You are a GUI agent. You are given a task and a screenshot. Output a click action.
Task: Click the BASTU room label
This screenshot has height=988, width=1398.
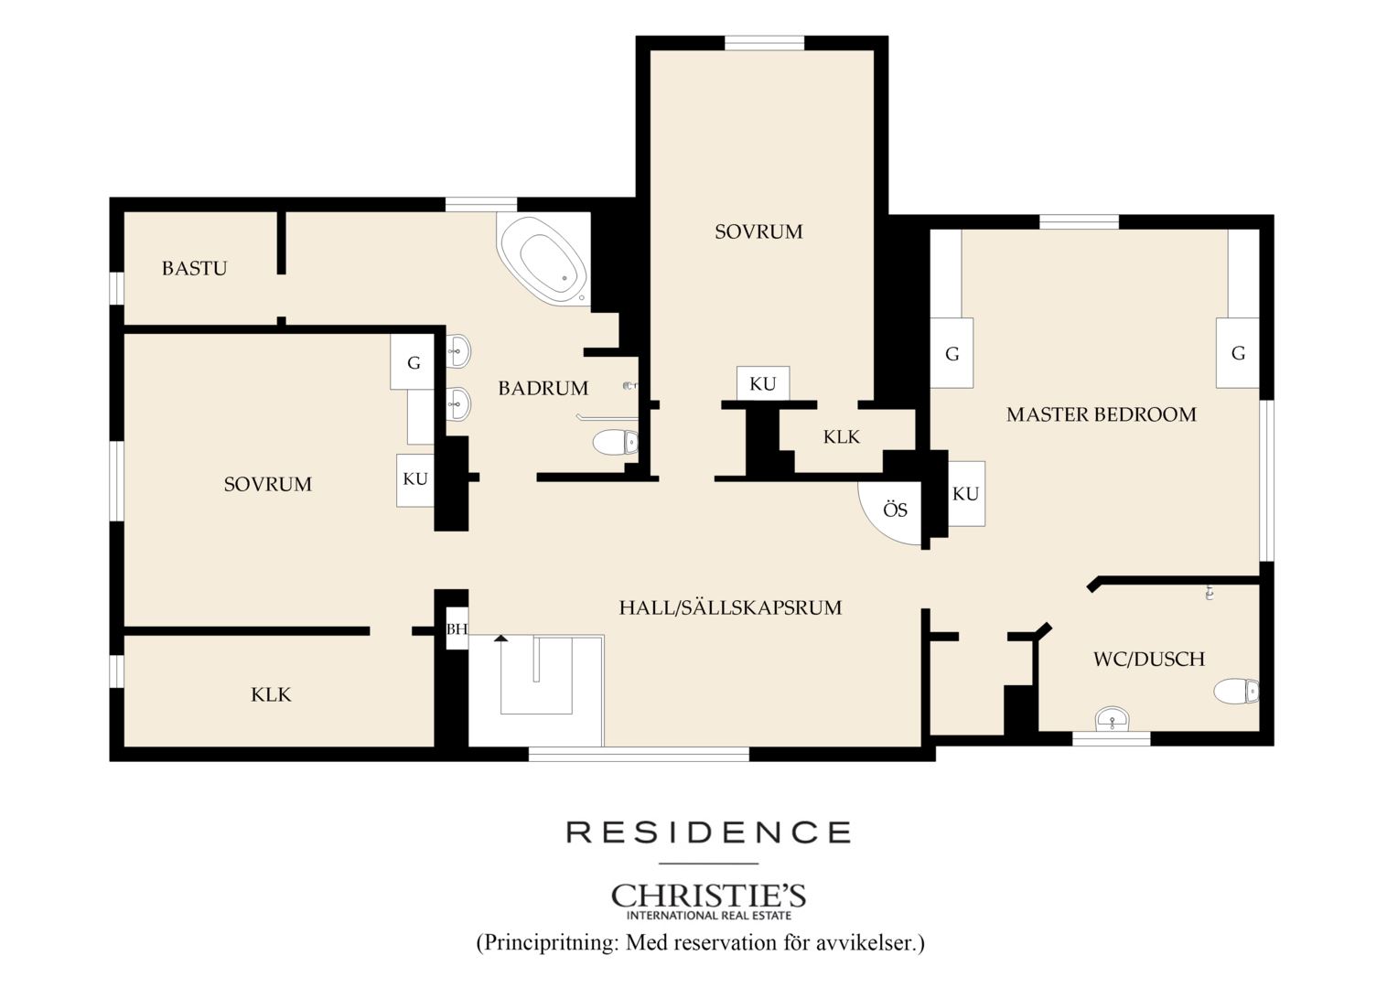pos(194,268)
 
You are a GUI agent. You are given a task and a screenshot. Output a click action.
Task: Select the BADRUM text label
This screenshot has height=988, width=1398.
pos(543,388)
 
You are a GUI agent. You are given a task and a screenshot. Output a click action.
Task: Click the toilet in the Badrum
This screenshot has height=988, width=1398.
pos(616,442)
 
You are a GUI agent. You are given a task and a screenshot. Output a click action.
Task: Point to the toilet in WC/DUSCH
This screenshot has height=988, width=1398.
pos(1236,692)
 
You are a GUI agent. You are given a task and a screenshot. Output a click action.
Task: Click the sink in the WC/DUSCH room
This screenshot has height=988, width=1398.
pos(1113,719)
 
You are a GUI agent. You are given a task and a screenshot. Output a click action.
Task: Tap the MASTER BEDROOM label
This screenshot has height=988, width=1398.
pos(1101,414)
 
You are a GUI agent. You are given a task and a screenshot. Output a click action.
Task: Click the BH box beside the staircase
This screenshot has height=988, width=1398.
pos(457,628)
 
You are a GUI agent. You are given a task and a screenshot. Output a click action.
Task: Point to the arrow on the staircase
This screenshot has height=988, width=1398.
pos(500,638)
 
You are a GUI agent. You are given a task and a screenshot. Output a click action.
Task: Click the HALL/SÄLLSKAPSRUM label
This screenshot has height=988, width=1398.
pos(730,607)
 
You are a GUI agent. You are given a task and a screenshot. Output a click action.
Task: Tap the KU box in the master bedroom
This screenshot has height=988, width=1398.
pos(966,494)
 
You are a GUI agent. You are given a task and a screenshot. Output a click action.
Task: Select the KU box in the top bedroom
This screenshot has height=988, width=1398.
pos(763,383)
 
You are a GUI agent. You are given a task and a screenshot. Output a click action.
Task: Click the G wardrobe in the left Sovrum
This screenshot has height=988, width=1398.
pos(413,362)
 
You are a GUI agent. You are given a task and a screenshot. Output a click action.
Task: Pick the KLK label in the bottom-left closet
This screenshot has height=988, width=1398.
pos(271,694)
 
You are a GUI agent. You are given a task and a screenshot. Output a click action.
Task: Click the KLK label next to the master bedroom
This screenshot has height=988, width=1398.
pos(842,437)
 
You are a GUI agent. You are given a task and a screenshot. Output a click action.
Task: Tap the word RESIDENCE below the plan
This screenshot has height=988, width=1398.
pos(708,832)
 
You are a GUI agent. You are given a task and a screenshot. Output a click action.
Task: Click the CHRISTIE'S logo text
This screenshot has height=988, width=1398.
pos(708,896)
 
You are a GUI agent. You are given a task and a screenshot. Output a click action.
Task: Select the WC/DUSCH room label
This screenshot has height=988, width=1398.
pos(1149,659)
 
